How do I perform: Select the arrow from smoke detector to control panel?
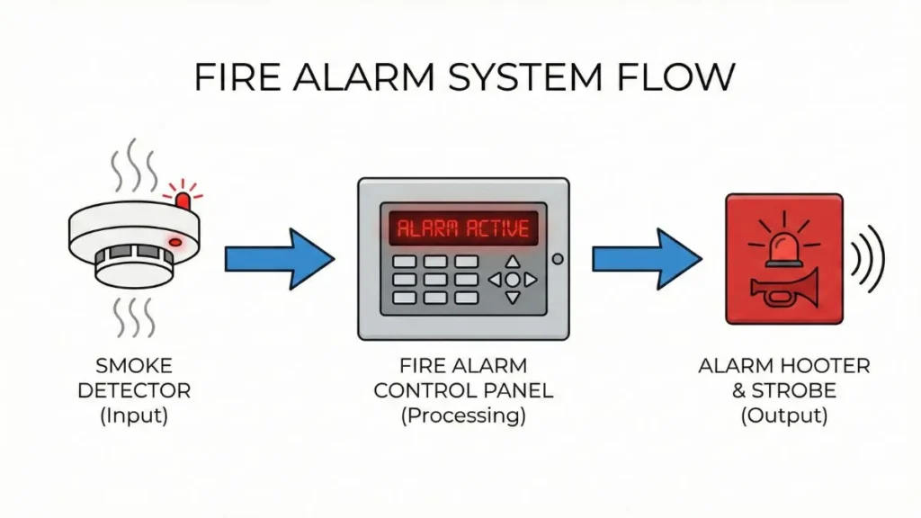(x=278, y=259)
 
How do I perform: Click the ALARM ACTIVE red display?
(x=462, y=228)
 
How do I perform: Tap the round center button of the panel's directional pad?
(x=512, y=280)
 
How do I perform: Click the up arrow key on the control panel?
(x=512, y=263)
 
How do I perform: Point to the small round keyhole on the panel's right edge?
(x=558, y=259)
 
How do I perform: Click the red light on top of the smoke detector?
(x=183, y=198)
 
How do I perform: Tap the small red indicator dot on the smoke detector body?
(x=175, y=242)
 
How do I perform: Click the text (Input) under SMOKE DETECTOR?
(x=134, y=415)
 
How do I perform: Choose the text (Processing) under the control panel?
(x=463, y=415)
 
